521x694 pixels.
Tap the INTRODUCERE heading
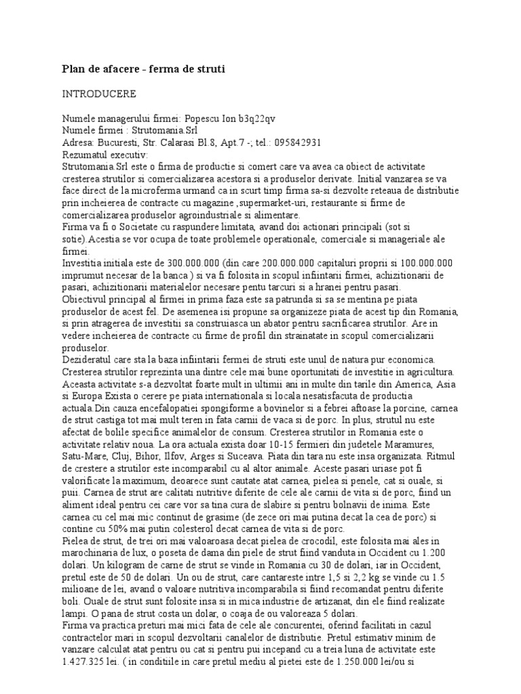[x=98, y=93]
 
